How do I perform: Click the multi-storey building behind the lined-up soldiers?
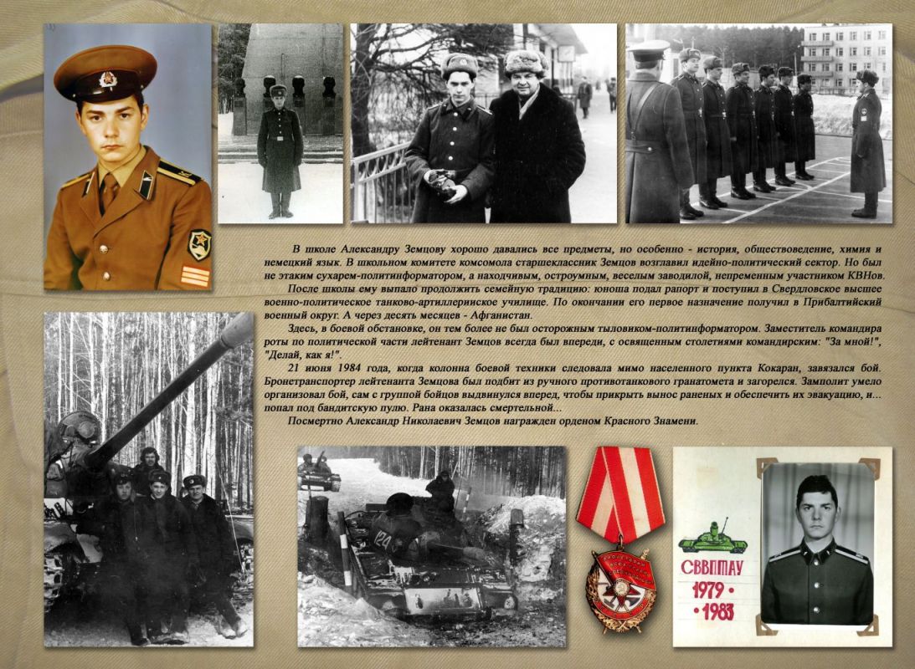tap(844, 59)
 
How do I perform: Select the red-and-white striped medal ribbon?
tap(619, 493)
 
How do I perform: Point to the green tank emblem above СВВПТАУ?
tap(712, 539)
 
